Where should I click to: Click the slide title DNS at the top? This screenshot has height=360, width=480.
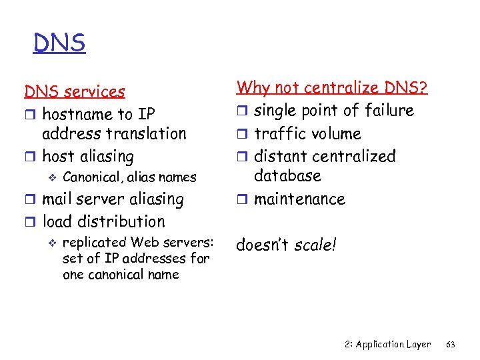(x=59, y=44)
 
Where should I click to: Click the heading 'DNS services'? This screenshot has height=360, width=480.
(x=75, y=91)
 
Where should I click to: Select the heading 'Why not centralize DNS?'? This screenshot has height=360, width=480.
(x=332, y=87)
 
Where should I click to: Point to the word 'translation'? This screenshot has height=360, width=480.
(x=147, y=133)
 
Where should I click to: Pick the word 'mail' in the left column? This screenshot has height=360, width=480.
(x=57, y=199)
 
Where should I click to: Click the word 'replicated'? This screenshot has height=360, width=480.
(x=93, y=241)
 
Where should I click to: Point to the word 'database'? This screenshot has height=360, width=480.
(x=287, y=176)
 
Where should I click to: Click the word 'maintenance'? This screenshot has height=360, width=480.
(x=299, y=199)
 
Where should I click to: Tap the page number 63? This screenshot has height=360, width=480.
(x=450, y=344)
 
